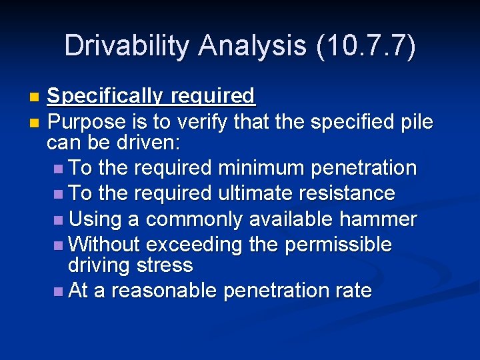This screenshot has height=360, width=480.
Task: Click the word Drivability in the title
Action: point(127,46)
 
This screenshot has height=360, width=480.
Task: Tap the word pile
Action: point(417,123)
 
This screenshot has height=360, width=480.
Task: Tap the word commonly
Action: point(195,219)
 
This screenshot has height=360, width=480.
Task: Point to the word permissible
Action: point(338,245)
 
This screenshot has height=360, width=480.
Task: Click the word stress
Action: point(164,265)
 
